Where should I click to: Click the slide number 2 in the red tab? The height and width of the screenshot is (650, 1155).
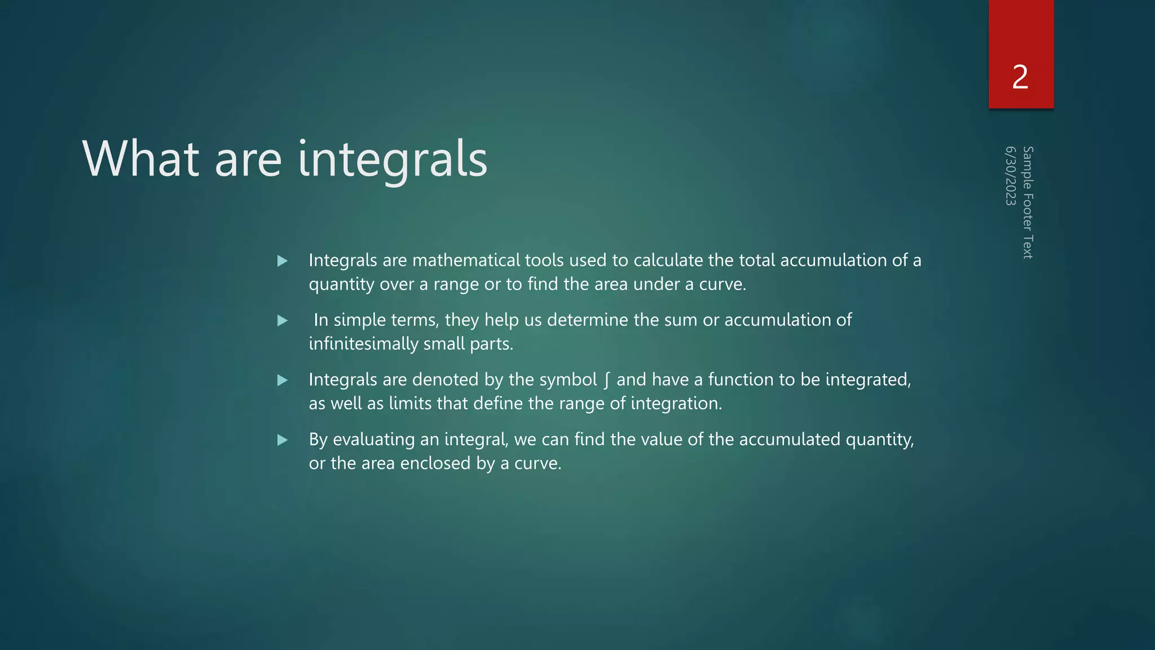[1020, 77]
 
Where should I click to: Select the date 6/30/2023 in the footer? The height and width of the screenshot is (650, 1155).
[1011, 176]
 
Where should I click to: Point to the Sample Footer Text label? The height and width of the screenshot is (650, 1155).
[1028, 203]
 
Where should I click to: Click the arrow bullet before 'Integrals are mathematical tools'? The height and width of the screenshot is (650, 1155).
[283, 261]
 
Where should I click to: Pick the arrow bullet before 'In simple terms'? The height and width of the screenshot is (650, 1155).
[283, 320]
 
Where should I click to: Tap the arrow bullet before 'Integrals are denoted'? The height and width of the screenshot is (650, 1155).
[283, 380]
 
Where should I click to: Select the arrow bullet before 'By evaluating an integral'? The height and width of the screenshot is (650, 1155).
[283, 440]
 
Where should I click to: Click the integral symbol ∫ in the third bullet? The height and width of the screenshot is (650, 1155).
[606, 380]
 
